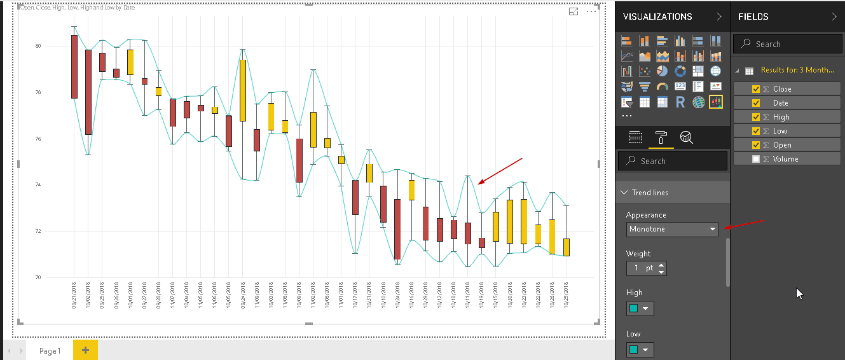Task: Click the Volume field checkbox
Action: click(x=756, y=159)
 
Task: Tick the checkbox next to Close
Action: click(x=756, y=89)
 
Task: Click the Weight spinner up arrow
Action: click(x=662, y=265)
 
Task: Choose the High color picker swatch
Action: click(x=640, y=309)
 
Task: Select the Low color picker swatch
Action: click(x=640, y=350)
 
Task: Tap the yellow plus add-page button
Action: click(x=85, y=350)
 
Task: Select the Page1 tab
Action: click(x=50, y=350)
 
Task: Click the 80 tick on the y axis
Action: click(x=38, y=46)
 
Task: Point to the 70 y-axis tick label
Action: click(x=38, y=277)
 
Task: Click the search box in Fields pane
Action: click(x=788, y=44)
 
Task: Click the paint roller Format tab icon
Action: click(x=661, y=137)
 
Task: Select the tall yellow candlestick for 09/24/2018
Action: click(x=243, y=90)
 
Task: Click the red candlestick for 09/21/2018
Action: click(x=74, y=67)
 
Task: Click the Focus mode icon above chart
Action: click(x=574, y=11)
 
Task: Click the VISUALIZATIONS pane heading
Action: click(x=657, y=17)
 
